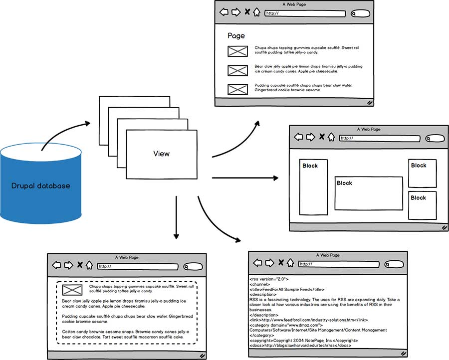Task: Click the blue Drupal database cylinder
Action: tap(40, 185)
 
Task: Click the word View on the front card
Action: tap(161, 154)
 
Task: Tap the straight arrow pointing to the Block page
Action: tap(244, 178)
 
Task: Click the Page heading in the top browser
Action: tap(236, 36)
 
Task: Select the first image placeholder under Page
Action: tap(237, 51)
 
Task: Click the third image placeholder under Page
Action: tap(237, 89)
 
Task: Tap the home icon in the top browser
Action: tap(256, 12)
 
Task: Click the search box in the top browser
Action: tap(360, 13)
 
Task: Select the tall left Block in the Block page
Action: tap(313, 187)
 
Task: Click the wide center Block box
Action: tap(368, 193)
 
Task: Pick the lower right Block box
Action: tap(422, 205)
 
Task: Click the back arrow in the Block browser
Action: tap(298, 137)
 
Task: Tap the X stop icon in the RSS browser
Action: tap(281, 263)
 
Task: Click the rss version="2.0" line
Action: tap(269, 279)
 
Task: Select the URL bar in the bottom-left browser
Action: tap(137, 266)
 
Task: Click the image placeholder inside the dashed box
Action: tap(72, 290)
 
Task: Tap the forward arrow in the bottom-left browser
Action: tap(68, 265)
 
